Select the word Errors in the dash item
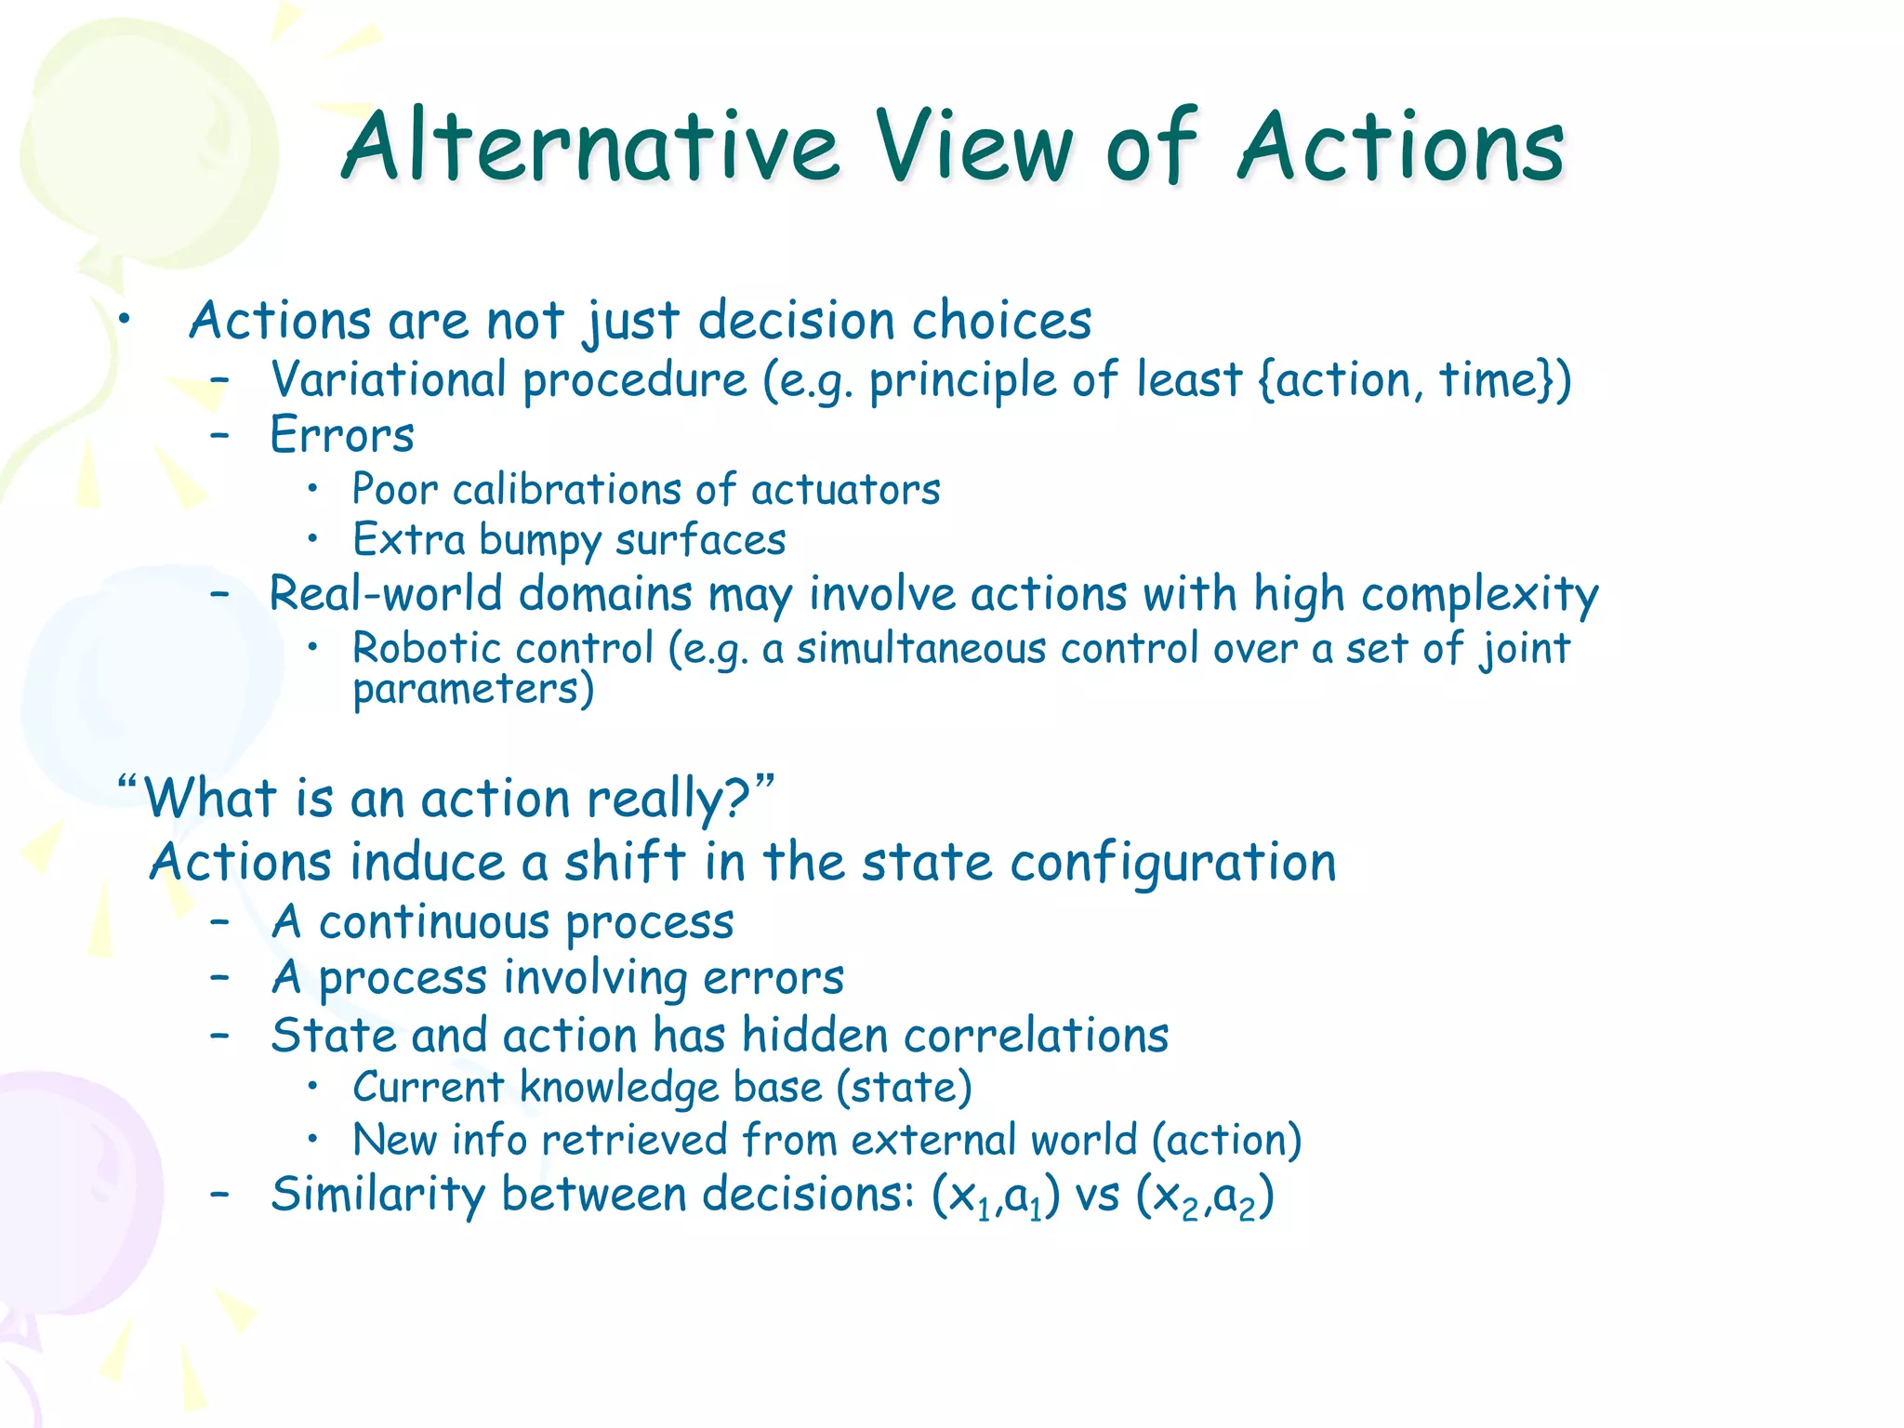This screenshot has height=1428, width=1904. pos(341,435)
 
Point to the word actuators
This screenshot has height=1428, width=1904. pos(845,490)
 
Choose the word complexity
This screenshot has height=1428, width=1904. pos(1479,595)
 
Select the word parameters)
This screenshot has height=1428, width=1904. pos(472,690)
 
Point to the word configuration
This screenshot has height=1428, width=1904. pos(1172,863)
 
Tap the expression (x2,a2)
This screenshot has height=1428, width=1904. pos(1204,1197)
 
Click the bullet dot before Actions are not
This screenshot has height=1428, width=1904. pos(124,321)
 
